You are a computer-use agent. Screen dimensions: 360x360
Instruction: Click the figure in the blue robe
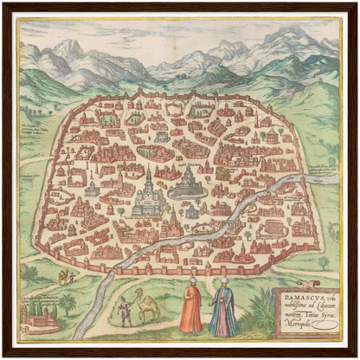[222, 310]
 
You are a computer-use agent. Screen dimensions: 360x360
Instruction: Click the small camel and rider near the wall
[63, 276]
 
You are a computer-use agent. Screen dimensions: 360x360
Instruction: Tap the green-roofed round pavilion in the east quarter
[272, 135]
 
